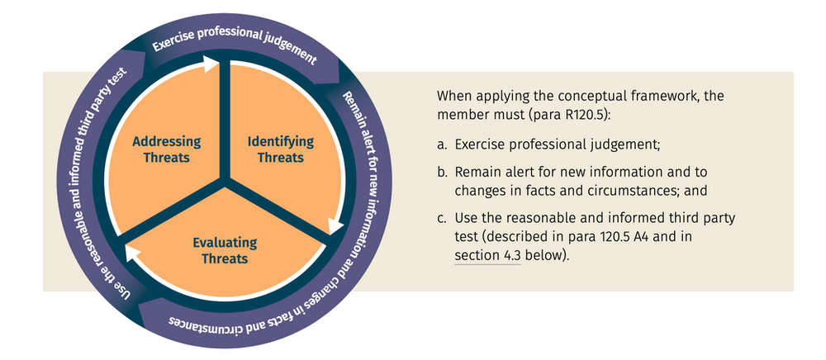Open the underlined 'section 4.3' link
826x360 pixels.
click(x=487, y=256)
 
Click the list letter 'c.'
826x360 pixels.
click(x=443, y=218)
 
